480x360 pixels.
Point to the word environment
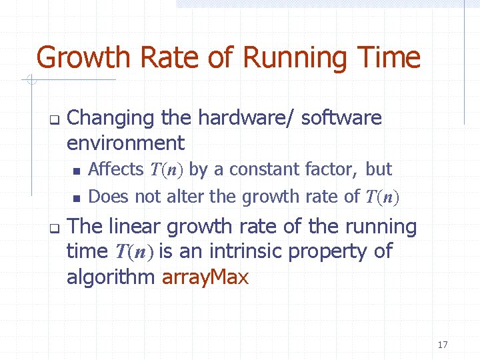coord(125,143)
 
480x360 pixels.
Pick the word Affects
coord(116,169)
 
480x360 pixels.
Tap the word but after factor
coord(379,169)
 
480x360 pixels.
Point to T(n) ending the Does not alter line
coord(383,197)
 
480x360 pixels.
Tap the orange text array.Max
coord(205,277)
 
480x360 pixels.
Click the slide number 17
coord(443,345)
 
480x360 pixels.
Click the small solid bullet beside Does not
coord(77,197)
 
